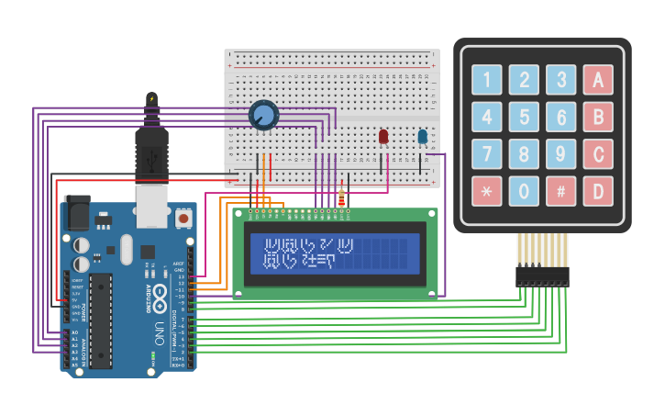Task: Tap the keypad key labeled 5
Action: point(524,117)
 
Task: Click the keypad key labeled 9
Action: point(560,154)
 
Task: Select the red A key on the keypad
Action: point(598,80)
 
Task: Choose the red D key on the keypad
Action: point(598,191)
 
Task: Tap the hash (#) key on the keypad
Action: point(560,191)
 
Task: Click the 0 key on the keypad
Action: point(524,191)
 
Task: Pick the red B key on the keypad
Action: point(598,117)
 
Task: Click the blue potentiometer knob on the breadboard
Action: point(263,115)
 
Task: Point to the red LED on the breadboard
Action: point(383,137)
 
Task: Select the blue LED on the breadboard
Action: point(422,137)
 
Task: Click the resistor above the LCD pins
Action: point(342,197)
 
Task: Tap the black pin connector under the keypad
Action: point(542,275)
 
